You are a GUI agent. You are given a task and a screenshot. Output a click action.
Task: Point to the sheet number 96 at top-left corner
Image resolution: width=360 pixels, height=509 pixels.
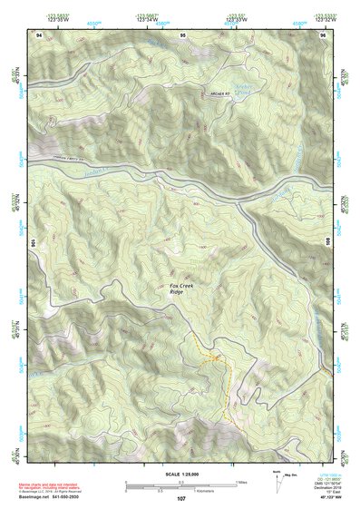[39, 34]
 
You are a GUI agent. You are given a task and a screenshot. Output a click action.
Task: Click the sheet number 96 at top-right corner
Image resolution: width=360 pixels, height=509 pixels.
[323, 34]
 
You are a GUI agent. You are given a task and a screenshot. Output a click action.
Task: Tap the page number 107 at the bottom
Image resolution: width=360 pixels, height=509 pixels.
[181, 499]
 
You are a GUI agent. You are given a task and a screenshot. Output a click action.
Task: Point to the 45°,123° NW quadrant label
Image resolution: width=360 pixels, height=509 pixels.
[328, 497]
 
